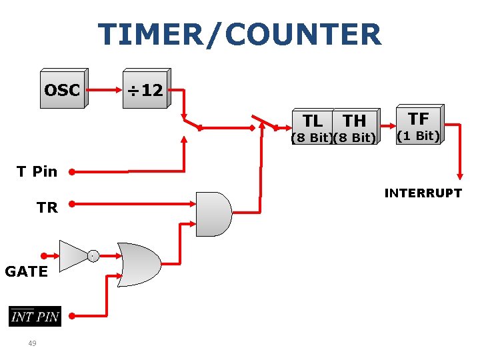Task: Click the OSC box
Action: tap(62, 89)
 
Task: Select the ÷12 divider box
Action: tap(145, 89)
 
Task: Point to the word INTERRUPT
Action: tap(423, 193)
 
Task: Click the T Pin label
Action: tap(37, 171)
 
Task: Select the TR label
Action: tap(47, 207)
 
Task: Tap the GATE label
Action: tap(26, 271)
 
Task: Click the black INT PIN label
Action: tap(35, 316)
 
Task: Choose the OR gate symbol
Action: tap(138, 265)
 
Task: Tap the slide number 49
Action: tap(32, 343)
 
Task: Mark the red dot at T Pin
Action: tap(71, 171)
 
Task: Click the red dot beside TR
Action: tap(71, 204)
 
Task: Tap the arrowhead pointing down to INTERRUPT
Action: tap(459, 174)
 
